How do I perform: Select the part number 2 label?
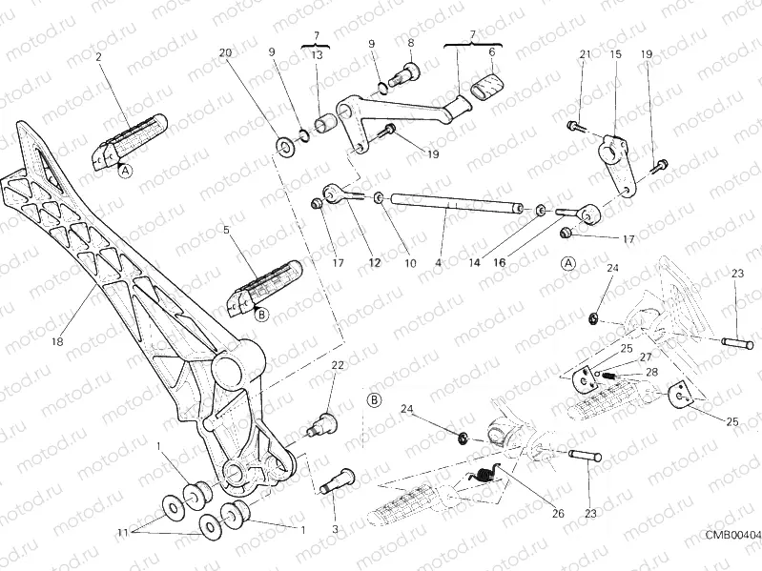point(97,57)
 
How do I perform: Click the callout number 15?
point(616,55)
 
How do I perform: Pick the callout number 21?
point(585,55)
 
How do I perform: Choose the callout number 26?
point(558,515)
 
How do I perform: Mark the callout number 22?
point(337,366)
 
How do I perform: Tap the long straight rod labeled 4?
point(448,202)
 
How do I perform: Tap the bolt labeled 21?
point(574,125)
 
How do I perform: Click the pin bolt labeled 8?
point(415,71)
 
